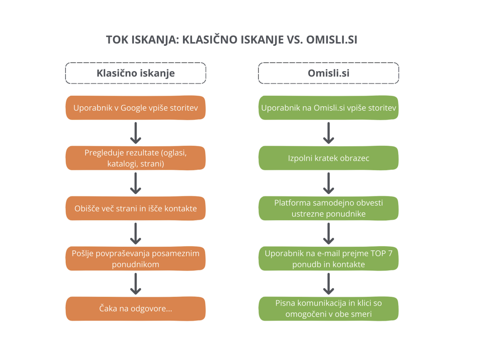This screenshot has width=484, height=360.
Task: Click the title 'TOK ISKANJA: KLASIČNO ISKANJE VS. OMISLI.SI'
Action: [x=231, y=40]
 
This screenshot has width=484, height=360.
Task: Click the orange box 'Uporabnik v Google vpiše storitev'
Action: [x=136, y=108]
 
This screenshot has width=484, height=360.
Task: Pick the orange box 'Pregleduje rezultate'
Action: [x=136, y=158]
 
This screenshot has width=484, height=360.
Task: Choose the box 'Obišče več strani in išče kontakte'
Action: [x=136, y=208]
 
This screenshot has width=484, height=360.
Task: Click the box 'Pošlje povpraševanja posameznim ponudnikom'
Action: [x=136, y=258]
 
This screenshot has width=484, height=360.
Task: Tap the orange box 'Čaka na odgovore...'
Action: [x=136, y=309]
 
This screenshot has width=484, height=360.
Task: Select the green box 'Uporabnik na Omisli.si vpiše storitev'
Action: [x=328, y=108]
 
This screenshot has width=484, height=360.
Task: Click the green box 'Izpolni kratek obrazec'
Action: [x=328, y=158]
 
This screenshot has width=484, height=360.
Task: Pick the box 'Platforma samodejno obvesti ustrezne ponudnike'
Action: [x=328, y=208]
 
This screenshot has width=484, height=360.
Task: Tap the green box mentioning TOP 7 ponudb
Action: [x=328, y=258]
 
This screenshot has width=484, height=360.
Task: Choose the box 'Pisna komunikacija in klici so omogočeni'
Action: [x=328, y=309]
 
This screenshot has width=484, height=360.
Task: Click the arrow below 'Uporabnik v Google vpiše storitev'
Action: [x=136, y=133]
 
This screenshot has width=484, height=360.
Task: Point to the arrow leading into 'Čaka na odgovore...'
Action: [x=136, y=284]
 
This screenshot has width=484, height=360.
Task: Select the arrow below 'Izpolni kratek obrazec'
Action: [x=328, y=183]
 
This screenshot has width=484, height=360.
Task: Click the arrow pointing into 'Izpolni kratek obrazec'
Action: [x=328, y=133]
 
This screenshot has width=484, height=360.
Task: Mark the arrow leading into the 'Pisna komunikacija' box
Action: [x=328, y=284]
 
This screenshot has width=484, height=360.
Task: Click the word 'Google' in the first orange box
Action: [x=134, y=108]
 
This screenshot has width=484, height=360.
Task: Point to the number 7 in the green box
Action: [x=390, y=253]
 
